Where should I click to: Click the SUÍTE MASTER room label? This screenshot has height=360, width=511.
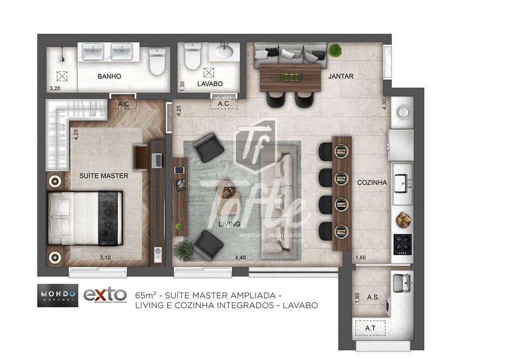pos(103,176)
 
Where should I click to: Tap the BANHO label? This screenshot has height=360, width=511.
pos(109,76)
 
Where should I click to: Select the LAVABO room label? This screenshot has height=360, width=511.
pos(210,84)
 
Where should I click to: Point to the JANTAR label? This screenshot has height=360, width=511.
pos(341,76)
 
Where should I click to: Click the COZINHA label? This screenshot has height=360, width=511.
pos(372,183)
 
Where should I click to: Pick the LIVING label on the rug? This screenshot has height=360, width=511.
pos(229,224)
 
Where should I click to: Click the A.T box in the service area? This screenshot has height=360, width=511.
pos(370,328)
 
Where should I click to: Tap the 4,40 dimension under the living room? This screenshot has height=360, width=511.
pos(241,258)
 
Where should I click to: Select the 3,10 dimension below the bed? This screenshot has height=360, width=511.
pos(105,258)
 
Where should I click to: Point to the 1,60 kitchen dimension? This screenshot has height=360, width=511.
pos(360,258)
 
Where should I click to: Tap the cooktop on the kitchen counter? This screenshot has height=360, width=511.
pos(402,245)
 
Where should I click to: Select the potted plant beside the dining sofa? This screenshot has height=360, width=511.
pos(335,50)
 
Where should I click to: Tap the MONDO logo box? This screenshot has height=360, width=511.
pos(57,295)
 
